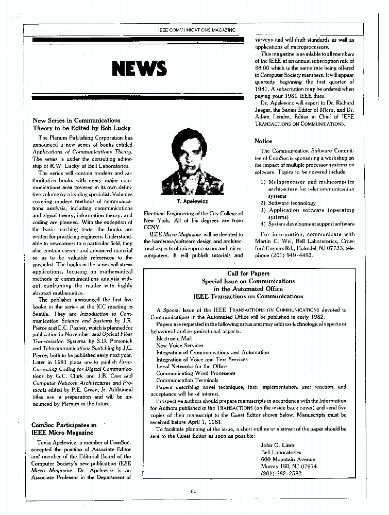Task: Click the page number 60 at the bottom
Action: click(x=194, y=491)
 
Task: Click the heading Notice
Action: click(x=263, y=141)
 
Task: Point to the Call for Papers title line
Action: click(x=248, y=273)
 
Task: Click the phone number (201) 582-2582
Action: click(x=282, y=473)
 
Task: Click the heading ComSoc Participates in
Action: click(x=64, y=425)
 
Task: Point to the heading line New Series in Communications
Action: click(x=76, y=121)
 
